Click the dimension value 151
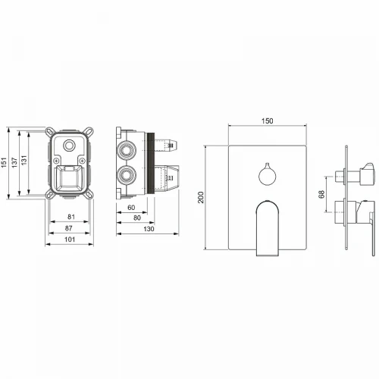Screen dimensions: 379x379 coord(4,162)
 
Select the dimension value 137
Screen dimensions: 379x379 coord(14,162)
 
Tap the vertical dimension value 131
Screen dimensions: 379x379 coord(23,161)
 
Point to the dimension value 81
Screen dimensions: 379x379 coord(71,217)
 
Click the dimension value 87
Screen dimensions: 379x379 coord(69,228)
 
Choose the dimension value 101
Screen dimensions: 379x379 coord(70,240)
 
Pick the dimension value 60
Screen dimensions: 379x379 coord(131,208)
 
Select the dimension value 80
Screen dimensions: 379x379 coord(137,218)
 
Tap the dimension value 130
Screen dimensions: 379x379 coord(149,229)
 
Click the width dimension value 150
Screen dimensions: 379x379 coord(267,121)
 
